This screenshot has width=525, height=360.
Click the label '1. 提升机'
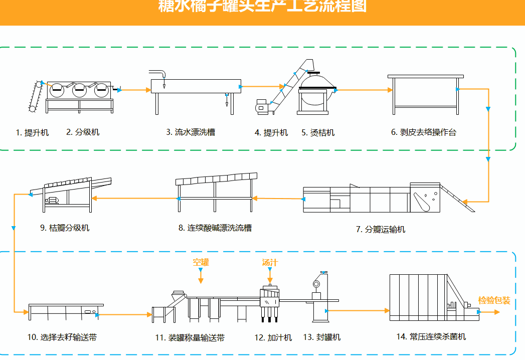[x=32, y=132]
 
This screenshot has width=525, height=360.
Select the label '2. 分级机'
[x=83, y=132]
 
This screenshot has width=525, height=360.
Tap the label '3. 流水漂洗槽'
[x=191, y=132]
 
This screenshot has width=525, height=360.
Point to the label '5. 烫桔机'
[x=318, y=133]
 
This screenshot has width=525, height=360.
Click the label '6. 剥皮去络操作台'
[x=424, y=132]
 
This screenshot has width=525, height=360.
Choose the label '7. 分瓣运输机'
[x=381, y=229]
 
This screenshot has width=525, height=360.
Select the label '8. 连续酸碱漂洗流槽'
[x=215, y=228]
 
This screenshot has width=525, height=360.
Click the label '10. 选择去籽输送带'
[x=62, y=337]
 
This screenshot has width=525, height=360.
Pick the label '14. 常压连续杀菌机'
[x=431, y=336]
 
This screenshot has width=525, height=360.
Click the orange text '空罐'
[x=201, y=262]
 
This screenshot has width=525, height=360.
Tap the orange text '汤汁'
[x=270, y=262]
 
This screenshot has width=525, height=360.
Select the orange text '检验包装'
[x=494, y=300]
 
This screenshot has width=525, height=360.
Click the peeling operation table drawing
[x=425, y=93]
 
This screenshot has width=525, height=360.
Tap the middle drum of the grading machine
[x=80, y=90]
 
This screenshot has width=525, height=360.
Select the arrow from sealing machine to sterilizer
[x=359, y=311]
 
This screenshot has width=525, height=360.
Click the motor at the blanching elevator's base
[x=261, y=106]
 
